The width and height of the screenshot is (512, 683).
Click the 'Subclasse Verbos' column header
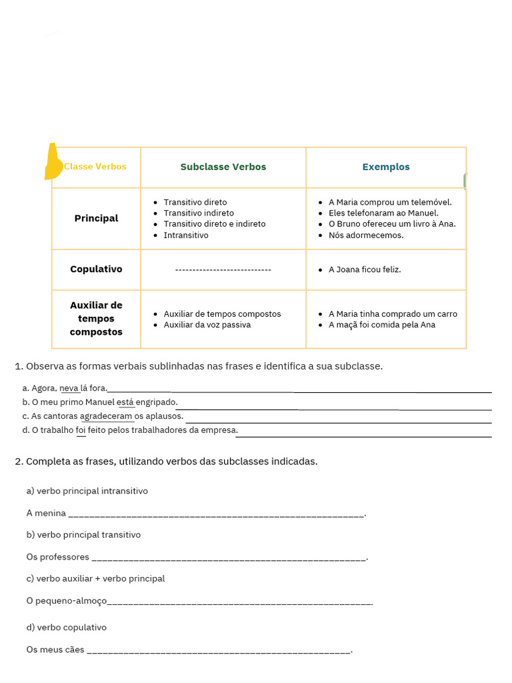point(223,167)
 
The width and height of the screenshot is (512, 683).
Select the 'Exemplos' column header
point(386,167)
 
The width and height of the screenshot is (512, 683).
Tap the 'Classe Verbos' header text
point(95,167)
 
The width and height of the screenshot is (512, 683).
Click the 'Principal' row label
point(96,218)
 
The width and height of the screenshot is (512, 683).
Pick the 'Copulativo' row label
point(96,269)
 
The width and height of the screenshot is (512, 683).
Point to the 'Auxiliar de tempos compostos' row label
point(96,318)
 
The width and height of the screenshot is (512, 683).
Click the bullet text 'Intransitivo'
point(186,235)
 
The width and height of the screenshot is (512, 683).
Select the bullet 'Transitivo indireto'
point(199,213)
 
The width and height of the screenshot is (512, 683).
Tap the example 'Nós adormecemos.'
point(366,235)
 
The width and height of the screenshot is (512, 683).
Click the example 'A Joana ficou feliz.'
point(365,269)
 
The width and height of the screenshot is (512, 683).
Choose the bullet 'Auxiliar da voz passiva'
point(207,325)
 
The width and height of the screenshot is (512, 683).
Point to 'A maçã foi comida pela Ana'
point(382,325)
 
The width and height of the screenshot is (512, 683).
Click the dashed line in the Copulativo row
point(223,269)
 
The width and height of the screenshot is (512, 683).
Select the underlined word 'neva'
point(69,388)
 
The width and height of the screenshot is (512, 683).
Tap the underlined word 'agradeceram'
point(107,416)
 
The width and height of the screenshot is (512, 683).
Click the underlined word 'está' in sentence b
point(125,402)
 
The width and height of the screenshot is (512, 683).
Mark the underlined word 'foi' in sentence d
point(81,430)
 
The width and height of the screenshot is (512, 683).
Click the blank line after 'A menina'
point(217,514)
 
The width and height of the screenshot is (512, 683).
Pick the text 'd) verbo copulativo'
point(67,628)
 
